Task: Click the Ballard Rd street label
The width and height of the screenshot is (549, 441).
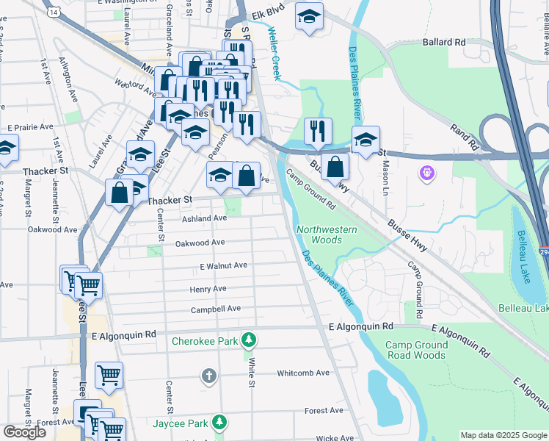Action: [443, 43]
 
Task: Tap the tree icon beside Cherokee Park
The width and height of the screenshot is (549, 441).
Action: [250, 340]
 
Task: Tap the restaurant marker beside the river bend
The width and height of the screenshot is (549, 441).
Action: [318, 132]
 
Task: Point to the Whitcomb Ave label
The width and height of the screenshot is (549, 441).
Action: [303, 373]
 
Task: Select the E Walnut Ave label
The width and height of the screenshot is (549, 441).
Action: [223, 265]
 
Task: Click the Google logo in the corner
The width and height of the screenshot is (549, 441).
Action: [25, 431]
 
